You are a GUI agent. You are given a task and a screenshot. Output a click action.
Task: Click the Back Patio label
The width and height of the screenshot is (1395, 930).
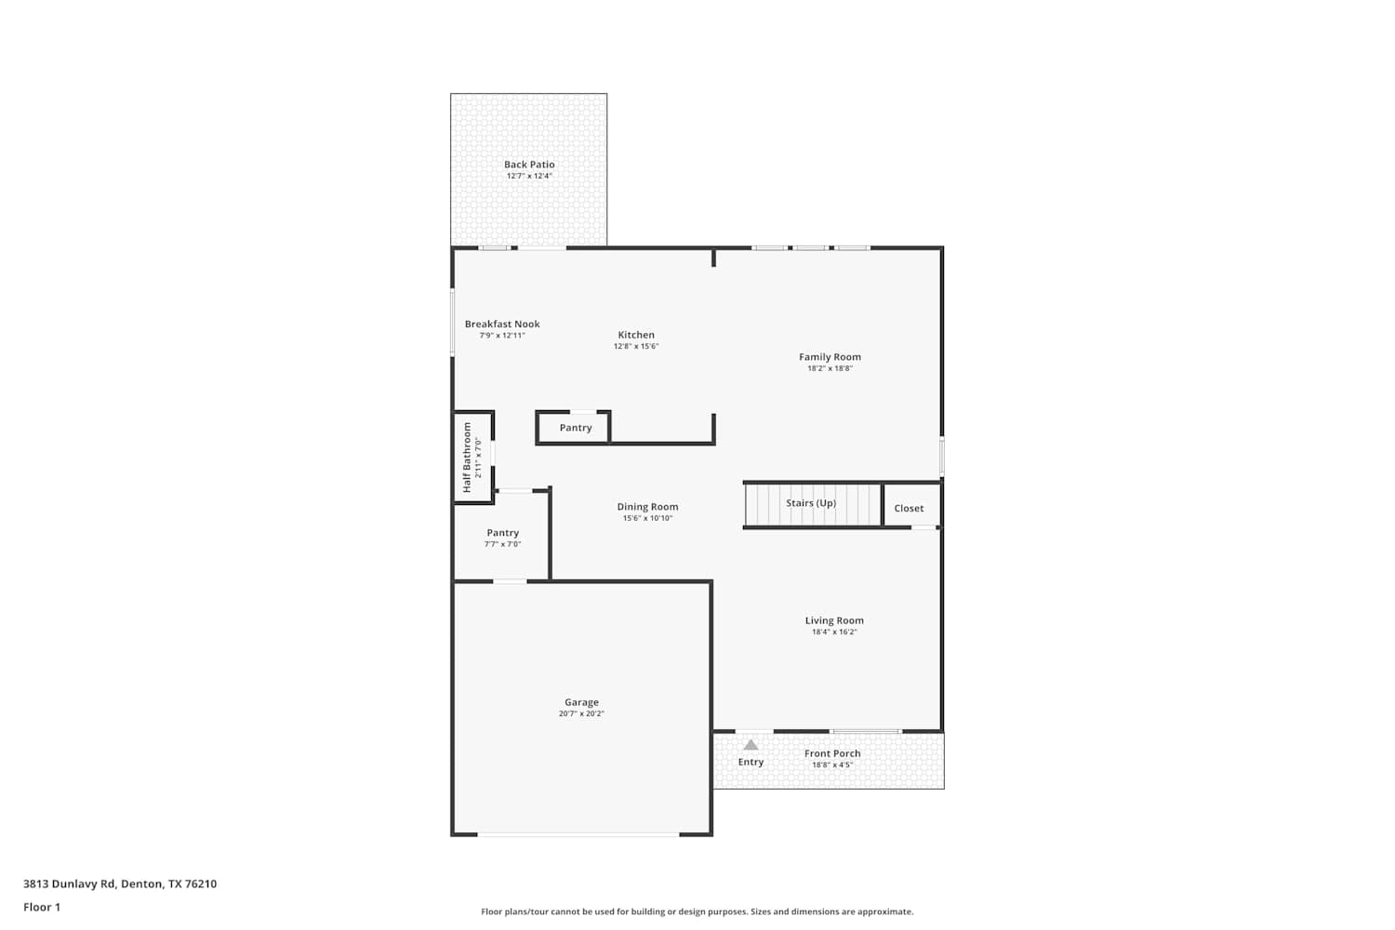pos(529,165)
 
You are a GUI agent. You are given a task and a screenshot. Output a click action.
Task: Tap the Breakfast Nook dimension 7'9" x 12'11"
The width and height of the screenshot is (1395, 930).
pos(502,335)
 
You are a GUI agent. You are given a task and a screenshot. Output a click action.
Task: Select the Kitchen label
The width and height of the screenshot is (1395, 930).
pos(636,335)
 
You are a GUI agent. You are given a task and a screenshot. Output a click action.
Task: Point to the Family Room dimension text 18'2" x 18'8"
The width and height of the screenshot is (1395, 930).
pos(830,368)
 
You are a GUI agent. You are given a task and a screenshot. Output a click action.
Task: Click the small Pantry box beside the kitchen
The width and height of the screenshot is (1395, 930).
pos(573,427)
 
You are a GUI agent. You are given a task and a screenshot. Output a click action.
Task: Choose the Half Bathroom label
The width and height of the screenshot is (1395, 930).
pos(467,458)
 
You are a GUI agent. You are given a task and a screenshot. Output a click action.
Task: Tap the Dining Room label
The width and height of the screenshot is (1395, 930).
pos(647,507)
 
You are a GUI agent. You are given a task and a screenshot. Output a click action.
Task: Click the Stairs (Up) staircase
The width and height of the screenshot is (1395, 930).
pos(813,505)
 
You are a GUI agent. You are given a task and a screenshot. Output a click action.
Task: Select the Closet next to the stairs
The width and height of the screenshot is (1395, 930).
pos(911,505)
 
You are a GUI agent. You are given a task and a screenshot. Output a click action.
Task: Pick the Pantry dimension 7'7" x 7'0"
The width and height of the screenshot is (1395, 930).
pos(502,544)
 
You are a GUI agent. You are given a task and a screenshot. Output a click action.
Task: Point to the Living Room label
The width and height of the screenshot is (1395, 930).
pos(834,620)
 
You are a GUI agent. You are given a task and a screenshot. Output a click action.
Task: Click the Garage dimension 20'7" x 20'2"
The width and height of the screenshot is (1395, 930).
pos(581,713)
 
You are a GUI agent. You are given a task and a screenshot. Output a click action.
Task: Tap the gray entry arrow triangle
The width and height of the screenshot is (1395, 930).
pos(751,744)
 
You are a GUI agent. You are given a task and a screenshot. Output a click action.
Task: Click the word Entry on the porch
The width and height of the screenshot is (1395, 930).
pos(751,762)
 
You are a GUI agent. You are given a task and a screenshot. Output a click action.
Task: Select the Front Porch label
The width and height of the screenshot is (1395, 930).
pos(832,753)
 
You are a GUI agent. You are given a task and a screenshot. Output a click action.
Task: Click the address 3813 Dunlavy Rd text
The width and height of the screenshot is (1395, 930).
pos(69,883)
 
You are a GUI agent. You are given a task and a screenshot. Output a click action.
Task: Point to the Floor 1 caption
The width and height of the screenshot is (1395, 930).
pos(42,907)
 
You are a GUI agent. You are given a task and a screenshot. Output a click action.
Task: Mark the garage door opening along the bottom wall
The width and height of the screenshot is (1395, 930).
pos(578,834)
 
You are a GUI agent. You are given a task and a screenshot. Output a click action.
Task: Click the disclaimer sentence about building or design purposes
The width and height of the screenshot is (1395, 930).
pos(697,911)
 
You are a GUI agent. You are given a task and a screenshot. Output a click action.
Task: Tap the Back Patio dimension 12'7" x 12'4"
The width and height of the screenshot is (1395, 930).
pos(529,176)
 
